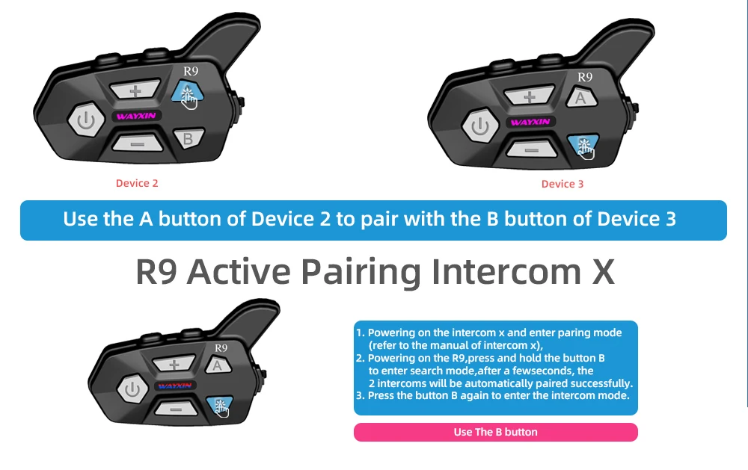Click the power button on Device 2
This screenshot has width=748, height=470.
pos(86,120)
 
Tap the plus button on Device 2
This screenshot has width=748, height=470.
pos(135,90)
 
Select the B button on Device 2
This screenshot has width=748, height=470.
pos(189,139)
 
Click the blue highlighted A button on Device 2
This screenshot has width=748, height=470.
pos(188,92)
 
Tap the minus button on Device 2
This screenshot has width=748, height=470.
pos(138,143)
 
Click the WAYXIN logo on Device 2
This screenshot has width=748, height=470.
pos(136,116)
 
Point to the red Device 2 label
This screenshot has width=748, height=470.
pos(137,183)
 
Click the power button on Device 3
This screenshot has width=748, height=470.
pos(480,126)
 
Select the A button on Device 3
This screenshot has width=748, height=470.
pos(581,97)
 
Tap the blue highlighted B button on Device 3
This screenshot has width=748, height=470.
pos(583,146)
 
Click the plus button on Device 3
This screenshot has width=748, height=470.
pos(530,96)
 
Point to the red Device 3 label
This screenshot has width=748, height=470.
pos(562,184)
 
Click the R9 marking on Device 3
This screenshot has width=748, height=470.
pos(585,77)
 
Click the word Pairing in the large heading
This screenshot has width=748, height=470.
pos(361,272)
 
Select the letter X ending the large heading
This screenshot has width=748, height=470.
pos(604,271)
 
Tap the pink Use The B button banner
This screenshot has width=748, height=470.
pos(496,432)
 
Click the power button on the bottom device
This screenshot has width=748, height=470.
pos(132,389)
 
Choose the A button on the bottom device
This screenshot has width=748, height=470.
pos(218,365)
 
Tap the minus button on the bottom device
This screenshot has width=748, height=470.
pos(176,409)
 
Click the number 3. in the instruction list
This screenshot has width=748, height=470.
pos(361,395)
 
